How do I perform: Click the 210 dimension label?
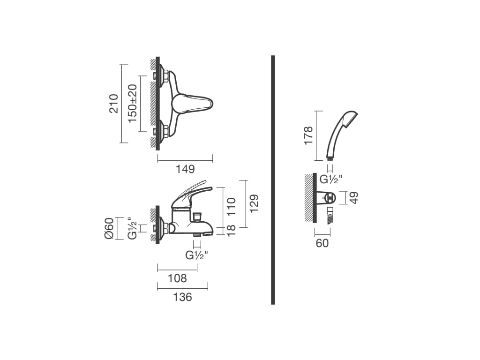click(x=113, y=104)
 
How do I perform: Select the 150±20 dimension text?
click(x=133, y=104)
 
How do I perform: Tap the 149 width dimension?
click(x=185, y=169)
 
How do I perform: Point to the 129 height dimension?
click(x=254, y=203)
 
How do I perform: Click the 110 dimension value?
click(x=231, y=206)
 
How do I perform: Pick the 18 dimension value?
click(x=232, y=230)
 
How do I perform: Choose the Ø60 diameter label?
click(x=109, y=228)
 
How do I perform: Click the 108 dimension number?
click(x=177, y=278)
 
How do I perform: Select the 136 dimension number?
click(x=183, y=297)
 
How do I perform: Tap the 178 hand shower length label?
click(x=308, y=135)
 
